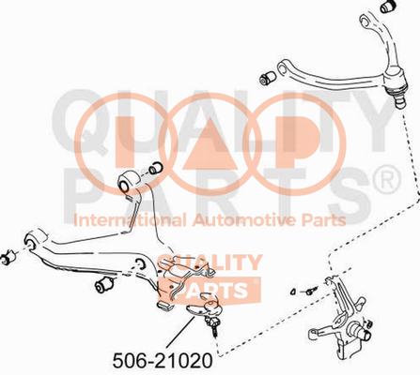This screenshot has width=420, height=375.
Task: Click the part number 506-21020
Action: [x=163, y=361]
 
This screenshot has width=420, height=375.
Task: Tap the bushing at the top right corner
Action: [x=389, y=7]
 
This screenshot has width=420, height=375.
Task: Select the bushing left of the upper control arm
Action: [x=268, y=78]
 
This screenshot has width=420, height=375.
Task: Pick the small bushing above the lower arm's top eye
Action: [x=155, y=167]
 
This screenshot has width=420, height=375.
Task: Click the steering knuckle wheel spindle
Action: [x=363, y=333]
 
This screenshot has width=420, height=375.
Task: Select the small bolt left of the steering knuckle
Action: [x=310, y=291]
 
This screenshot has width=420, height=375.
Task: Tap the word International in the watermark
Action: [x=130, y=220]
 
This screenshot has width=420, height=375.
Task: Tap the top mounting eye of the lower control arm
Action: [x=128, y=182]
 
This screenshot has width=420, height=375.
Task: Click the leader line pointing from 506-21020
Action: [x=180, y=332]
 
